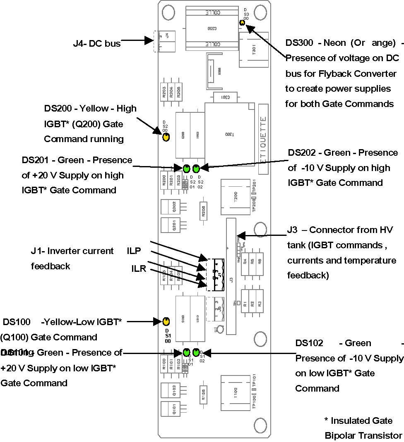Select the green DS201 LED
186,168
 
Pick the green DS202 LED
196,168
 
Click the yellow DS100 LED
166,321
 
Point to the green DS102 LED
196,352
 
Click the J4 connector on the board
165,40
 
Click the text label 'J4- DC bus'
96,43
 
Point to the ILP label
134,251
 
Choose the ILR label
138,269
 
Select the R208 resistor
203,211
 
